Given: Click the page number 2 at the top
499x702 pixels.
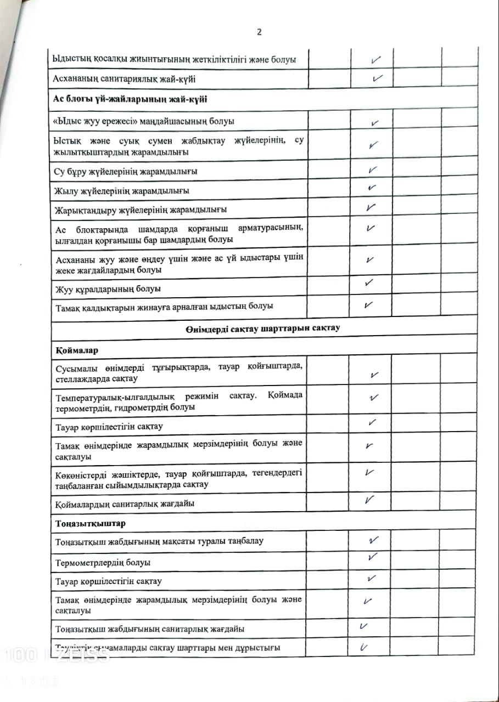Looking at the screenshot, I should point(260,32).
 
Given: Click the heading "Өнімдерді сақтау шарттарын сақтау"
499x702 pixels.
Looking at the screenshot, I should point(263,329).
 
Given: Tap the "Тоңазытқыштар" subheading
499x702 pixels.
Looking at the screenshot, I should point(90,523).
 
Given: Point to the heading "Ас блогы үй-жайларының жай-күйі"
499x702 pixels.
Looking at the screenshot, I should point(129,99).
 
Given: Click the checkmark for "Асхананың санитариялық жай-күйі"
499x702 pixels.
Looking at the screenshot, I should point(377,78).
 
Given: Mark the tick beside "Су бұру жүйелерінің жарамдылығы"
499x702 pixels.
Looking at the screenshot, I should point(373,170).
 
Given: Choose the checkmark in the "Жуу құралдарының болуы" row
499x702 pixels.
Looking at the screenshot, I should point(369,283).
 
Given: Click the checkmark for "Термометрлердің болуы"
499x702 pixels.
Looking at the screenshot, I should point(373,557).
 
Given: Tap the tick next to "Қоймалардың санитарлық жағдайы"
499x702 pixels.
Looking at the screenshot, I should point(370,500).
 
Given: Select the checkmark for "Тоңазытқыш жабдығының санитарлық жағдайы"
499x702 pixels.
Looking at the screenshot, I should point(363,626).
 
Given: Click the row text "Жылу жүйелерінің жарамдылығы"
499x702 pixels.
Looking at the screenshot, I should point(122,191).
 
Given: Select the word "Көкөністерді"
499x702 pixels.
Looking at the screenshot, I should point(81,473).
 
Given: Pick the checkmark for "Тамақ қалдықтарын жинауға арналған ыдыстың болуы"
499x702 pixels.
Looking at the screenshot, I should point(369,305).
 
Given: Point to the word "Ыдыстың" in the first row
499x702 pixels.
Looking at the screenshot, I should point(72,59).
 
